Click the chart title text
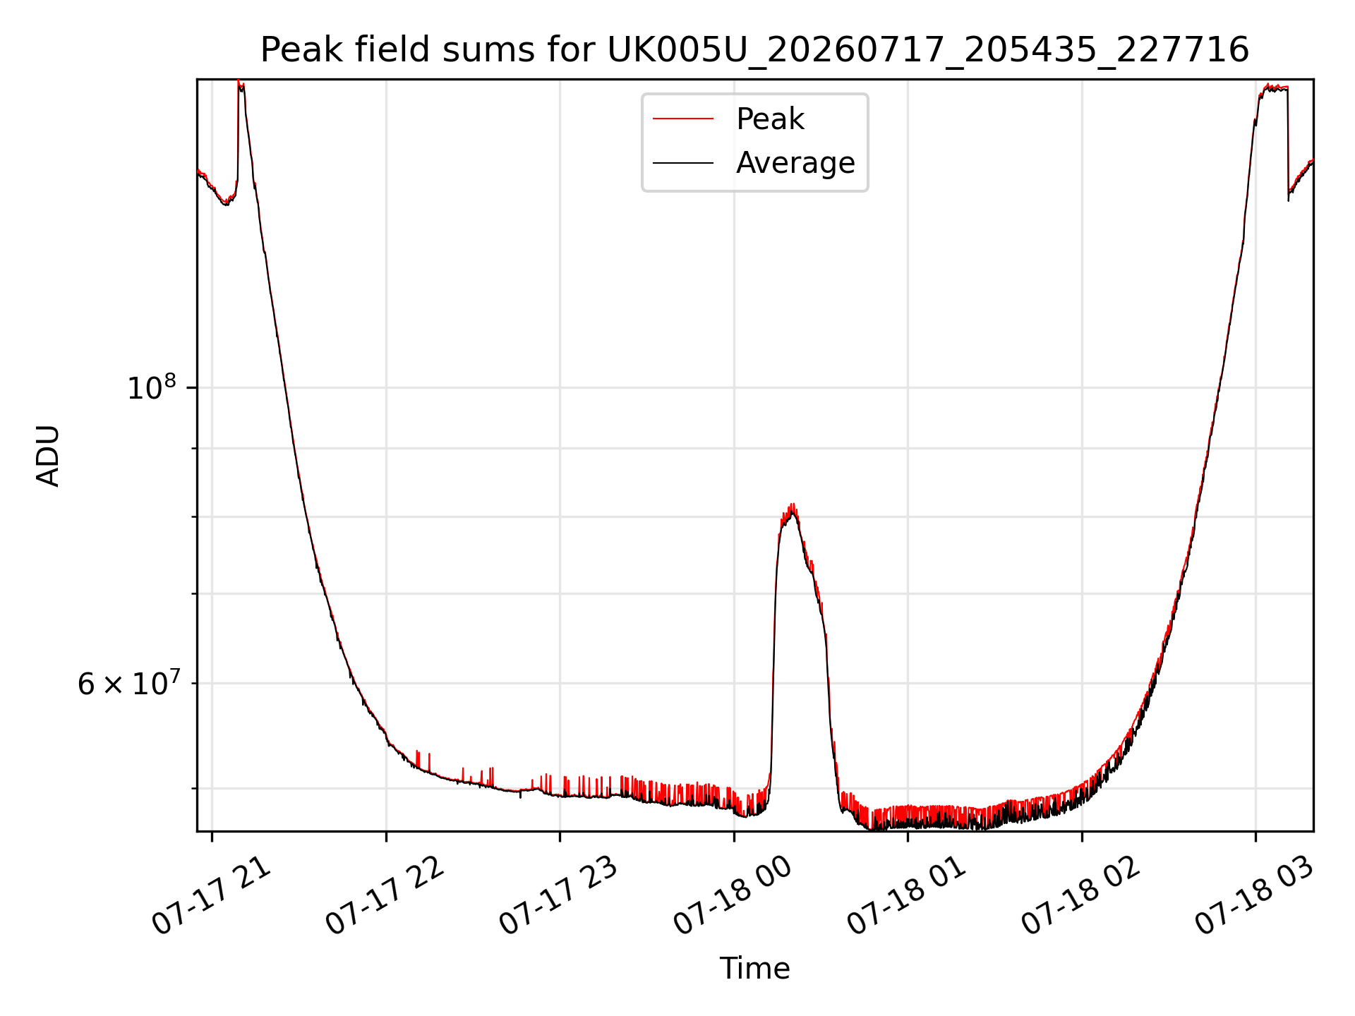coord(754,50)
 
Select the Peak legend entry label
coord(770,119)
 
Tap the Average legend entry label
coord(795,163)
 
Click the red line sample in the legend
coord(683,119)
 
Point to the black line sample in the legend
coord(683,163)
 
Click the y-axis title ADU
coord(48,455)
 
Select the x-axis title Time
coord(754,968)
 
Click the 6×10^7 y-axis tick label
coord(129,683)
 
